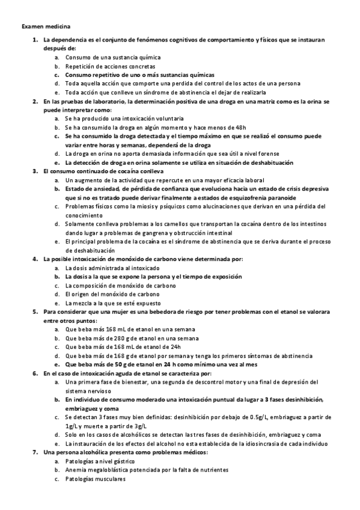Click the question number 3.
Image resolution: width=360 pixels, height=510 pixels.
tap(35, 171)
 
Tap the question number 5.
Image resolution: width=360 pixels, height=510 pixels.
tap(35, 312)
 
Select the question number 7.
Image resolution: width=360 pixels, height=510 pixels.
tap(35, 452)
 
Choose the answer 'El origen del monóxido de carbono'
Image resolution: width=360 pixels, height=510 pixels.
tap(112, 294)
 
